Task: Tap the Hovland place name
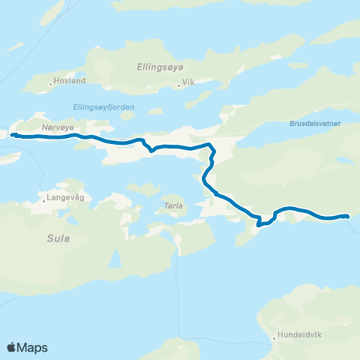72,81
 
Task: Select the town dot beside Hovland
52,82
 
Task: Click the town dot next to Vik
178,85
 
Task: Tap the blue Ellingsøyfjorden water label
104,107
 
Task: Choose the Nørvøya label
58,127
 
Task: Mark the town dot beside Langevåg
44,199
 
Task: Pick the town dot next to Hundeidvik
274,338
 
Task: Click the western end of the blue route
13,135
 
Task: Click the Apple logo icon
11,347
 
